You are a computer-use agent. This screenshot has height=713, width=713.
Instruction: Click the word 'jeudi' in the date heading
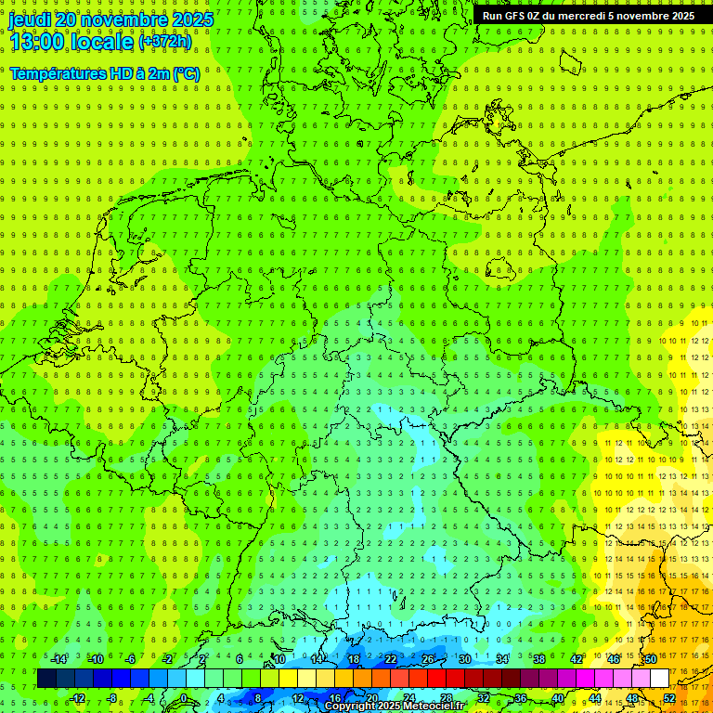(x=29, y=19)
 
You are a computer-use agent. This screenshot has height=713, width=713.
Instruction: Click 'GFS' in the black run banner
(x=516, y=16)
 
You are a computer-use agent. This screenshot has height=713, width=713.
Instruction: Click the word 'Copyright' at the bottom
(x=351, y=707)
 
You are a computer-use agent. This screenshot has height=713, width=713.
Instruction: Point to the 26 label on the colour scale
(x=428, y=659)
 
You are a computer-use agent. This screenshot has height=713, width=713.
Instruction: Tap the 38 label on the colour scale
(x=539, y=659)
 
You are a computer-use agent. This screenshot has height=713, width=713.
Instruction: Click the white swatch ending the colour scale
(x=659, y=678)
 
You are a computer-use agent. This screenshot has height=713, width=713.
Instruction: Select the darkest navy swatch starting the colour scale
(x=46, y=678)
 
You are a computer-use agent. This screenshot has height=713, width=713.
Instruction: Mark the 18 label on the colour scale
(x=354, y=659)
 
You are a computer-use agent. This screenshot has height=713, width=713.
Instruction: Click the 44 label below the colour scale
(x=595, y=698)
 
